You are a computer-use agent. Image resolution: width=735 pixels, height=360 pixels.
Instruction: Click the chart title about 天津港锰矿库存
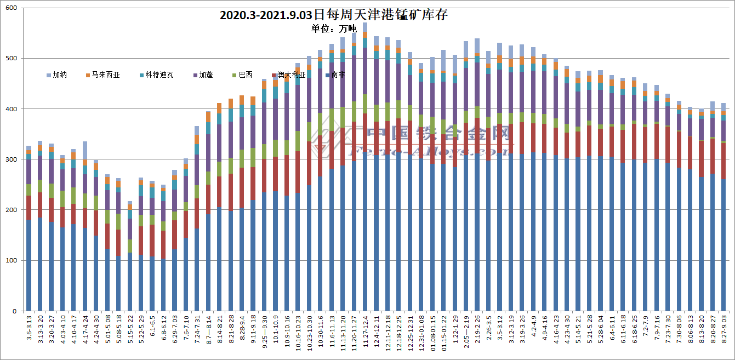(334, 15)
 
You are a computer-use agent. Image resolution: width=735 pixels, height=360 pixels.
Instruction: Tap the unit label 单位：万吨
(334, 28)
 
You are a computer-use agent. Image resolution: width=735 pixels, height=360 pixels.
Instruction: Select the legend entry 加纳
(56, 75)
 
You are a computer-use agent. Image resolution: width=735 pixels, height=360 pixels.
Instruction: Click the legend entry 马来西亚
(102, 75)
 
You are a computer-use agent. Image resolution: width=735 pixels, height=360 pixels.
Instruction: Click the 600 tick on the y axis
(11, 8)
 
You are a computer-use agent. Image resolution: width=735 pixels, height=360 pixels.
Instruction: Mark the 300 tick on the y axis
(11, 159)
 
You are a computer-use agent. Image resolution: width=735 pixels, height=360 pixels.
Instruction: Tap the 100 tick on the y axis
(11, 260)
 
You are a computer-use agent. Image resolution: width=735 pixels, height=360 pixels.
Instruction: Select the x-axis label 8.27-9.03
(723, 330)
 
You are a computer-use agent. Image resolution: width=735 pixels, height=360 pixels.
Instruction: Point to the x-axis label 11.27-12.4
(365, 330)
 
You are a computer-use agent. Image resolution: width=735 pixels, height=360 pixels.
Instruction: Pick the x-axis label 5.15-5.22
(130, 330)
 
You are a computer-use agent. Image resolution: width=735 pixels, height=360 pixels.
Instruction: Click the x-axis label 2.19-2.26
(477, 330)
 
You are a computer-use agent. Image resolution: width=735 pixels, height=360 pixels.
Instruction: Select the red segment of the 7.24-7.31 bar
(197, 214)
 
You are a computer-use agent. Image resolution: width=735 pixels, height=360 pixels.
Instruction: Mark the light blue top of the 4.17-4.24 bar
(85, 150)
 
